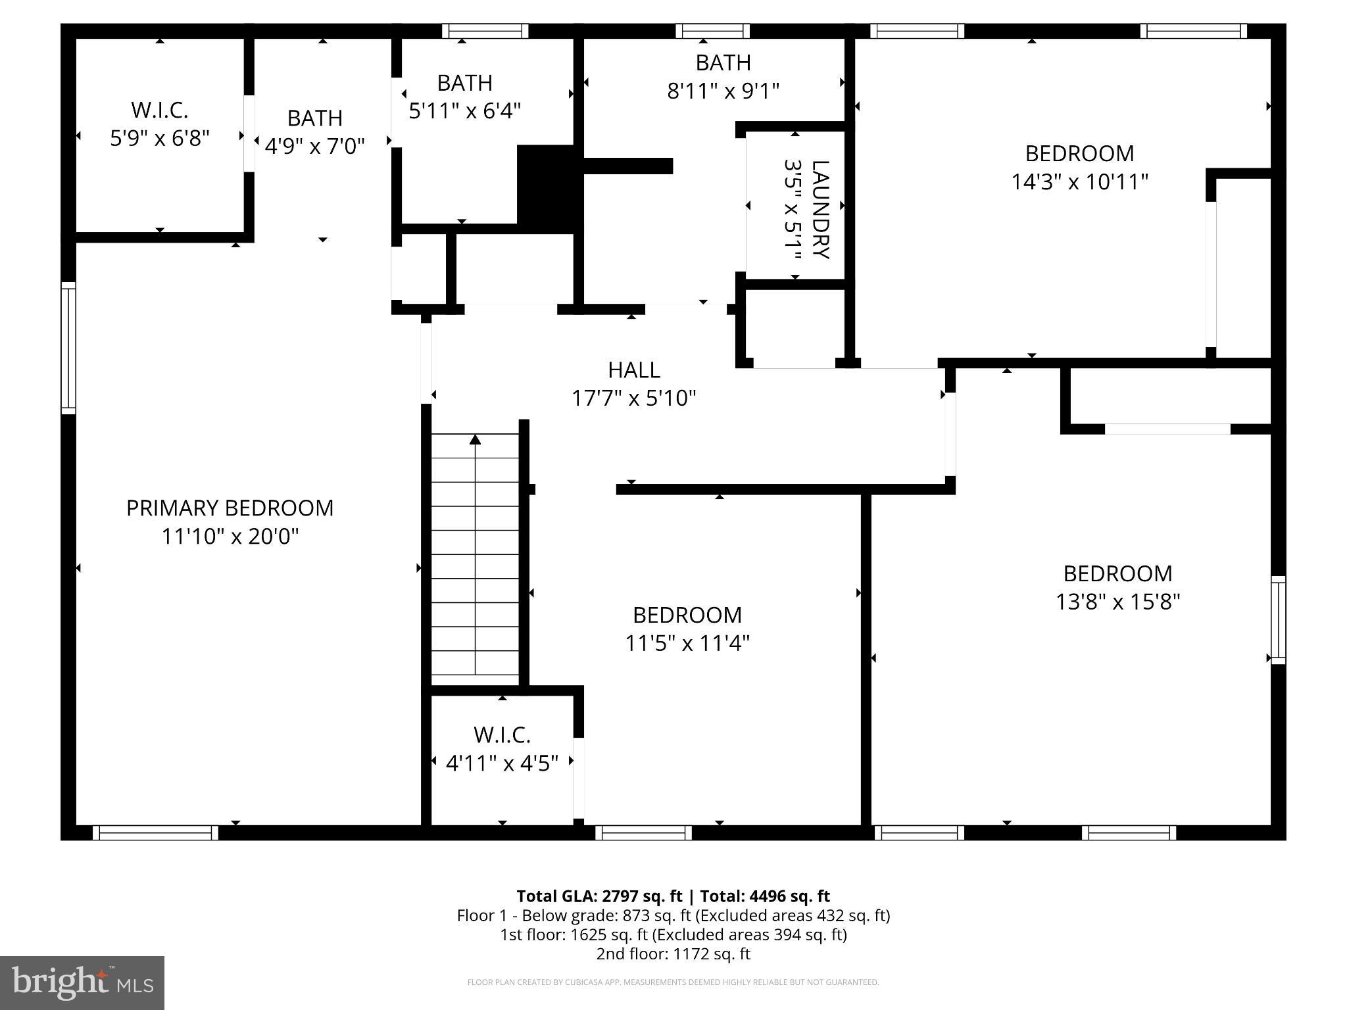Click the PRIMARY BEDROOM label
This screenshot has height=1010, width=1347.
pyautogui.click(x=230, y=508)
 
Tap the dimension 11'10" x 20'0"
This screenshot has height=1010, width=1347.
pyautogui.click(x=230, y=537)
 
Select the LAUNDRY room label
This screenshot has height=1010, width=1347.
pyautogui.click(x=820, y=209)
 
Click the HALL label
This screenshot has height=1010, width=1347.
pyautogui.click(x=633, y=370)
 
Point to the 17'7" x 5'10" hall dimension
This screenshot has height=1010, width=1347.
pyautogui.click(x=633, y=398)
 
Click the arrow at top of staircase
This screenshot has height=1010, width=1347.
pyautogui.click(x=475, y=439)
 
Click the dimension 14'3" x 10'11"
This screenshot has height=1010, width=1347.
pyautogui.click(x=1079, y=181)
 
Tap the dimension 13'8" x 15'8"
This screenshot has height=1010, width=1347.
pyautogui.click(x=1117, y=602)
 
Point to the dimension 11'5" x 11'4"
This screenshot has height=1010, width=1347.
pyautogui.click(x=687, y=643)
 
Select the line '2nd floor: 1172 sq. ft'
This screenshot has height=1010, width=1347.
pyautogui.click(x=673, y=953)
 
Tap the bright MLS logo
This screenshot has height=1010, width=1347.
pyautogui.click(x=82, y=982)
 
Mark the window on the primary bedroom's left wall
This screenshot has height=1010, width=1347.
pyautogui.click(x=68, y=348)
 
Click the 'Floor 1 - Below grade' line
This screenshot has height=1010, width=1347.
pyautogui.click(x=673, y=915)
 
